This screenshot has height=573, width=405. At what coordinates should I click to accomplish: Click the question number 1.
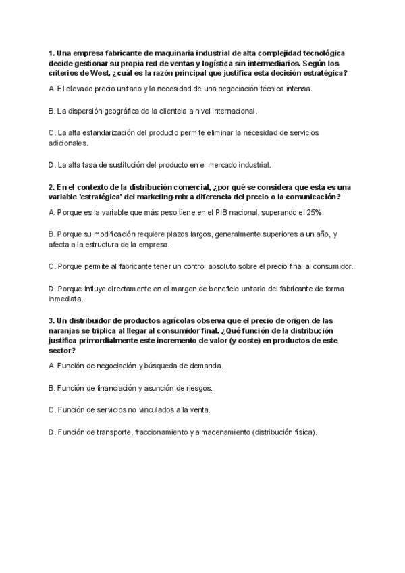pyautogui.click(x=51, y=53)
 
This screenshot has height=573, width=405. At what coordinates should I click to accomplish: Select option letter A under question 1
pyautogui.click(x=52, y=88)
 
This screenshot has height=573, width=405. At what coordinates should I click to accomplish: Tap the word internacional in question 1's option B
pyautogui.click(x=236, y=110)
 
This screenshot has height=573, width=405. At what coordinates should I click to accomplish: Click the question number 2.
pyautogui.click(x=51, y=186)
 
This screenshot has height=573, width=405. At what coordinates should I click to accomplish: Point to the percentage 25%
pyautogui.click(x=313, y=212)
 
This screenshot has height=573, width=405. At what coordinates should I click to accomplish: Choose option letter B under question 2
pyautogui.click(x=52, y=234)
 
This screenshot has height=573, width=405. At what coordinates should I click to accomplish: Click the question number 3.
pyautogui.click(x=51, y=320)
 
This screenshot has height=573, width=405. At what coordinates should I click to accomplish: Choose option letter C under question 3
pyautogui.click(x=52, y=409)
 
